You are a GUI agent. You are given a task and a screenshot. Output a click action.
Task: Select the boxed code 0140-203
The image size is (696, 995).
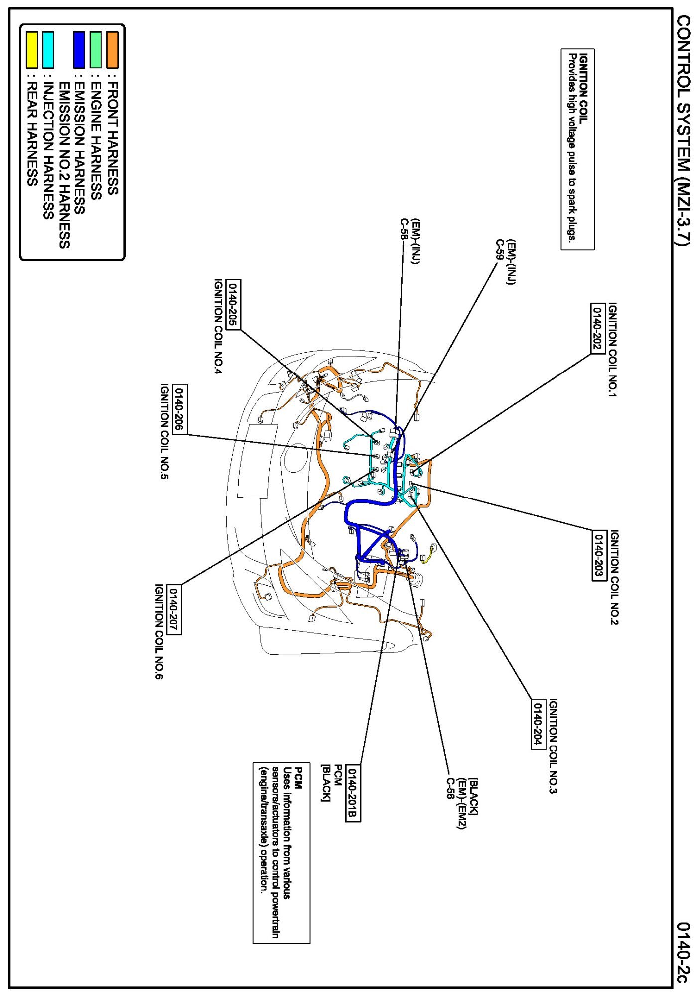[599, 555]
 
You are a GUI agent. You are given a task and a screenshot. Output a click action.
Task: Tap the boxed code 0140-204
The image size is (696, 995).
[537, 723]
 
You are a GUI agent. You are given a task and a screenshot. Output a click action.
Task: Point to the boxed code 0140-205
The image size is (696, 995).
[233, 304]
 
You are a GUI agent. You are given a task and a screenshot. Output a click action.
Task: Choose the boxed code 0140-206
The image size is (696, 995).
[180, 409]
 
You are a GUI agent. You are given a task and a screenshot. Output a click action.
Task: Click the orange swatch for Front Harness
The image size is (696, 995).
[112, 49]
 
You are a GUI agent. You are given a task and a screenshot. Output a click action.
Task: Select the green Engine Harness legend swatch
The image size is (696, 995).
[96, 49]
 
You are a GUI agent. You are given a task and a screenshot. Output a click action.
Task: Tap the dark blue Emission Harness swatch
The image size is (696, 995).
[79, 49]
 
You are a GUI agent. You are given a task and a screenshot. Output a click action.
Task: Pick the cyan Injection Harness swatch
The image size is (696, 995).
[48, 49]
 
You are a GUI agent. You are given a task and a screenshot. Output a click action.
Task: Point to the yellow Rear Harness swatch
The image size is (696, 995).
[32, 49]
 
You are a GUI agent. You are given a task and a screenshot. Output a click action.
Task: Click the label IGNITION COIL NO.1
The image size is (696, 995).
[613, 350]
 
